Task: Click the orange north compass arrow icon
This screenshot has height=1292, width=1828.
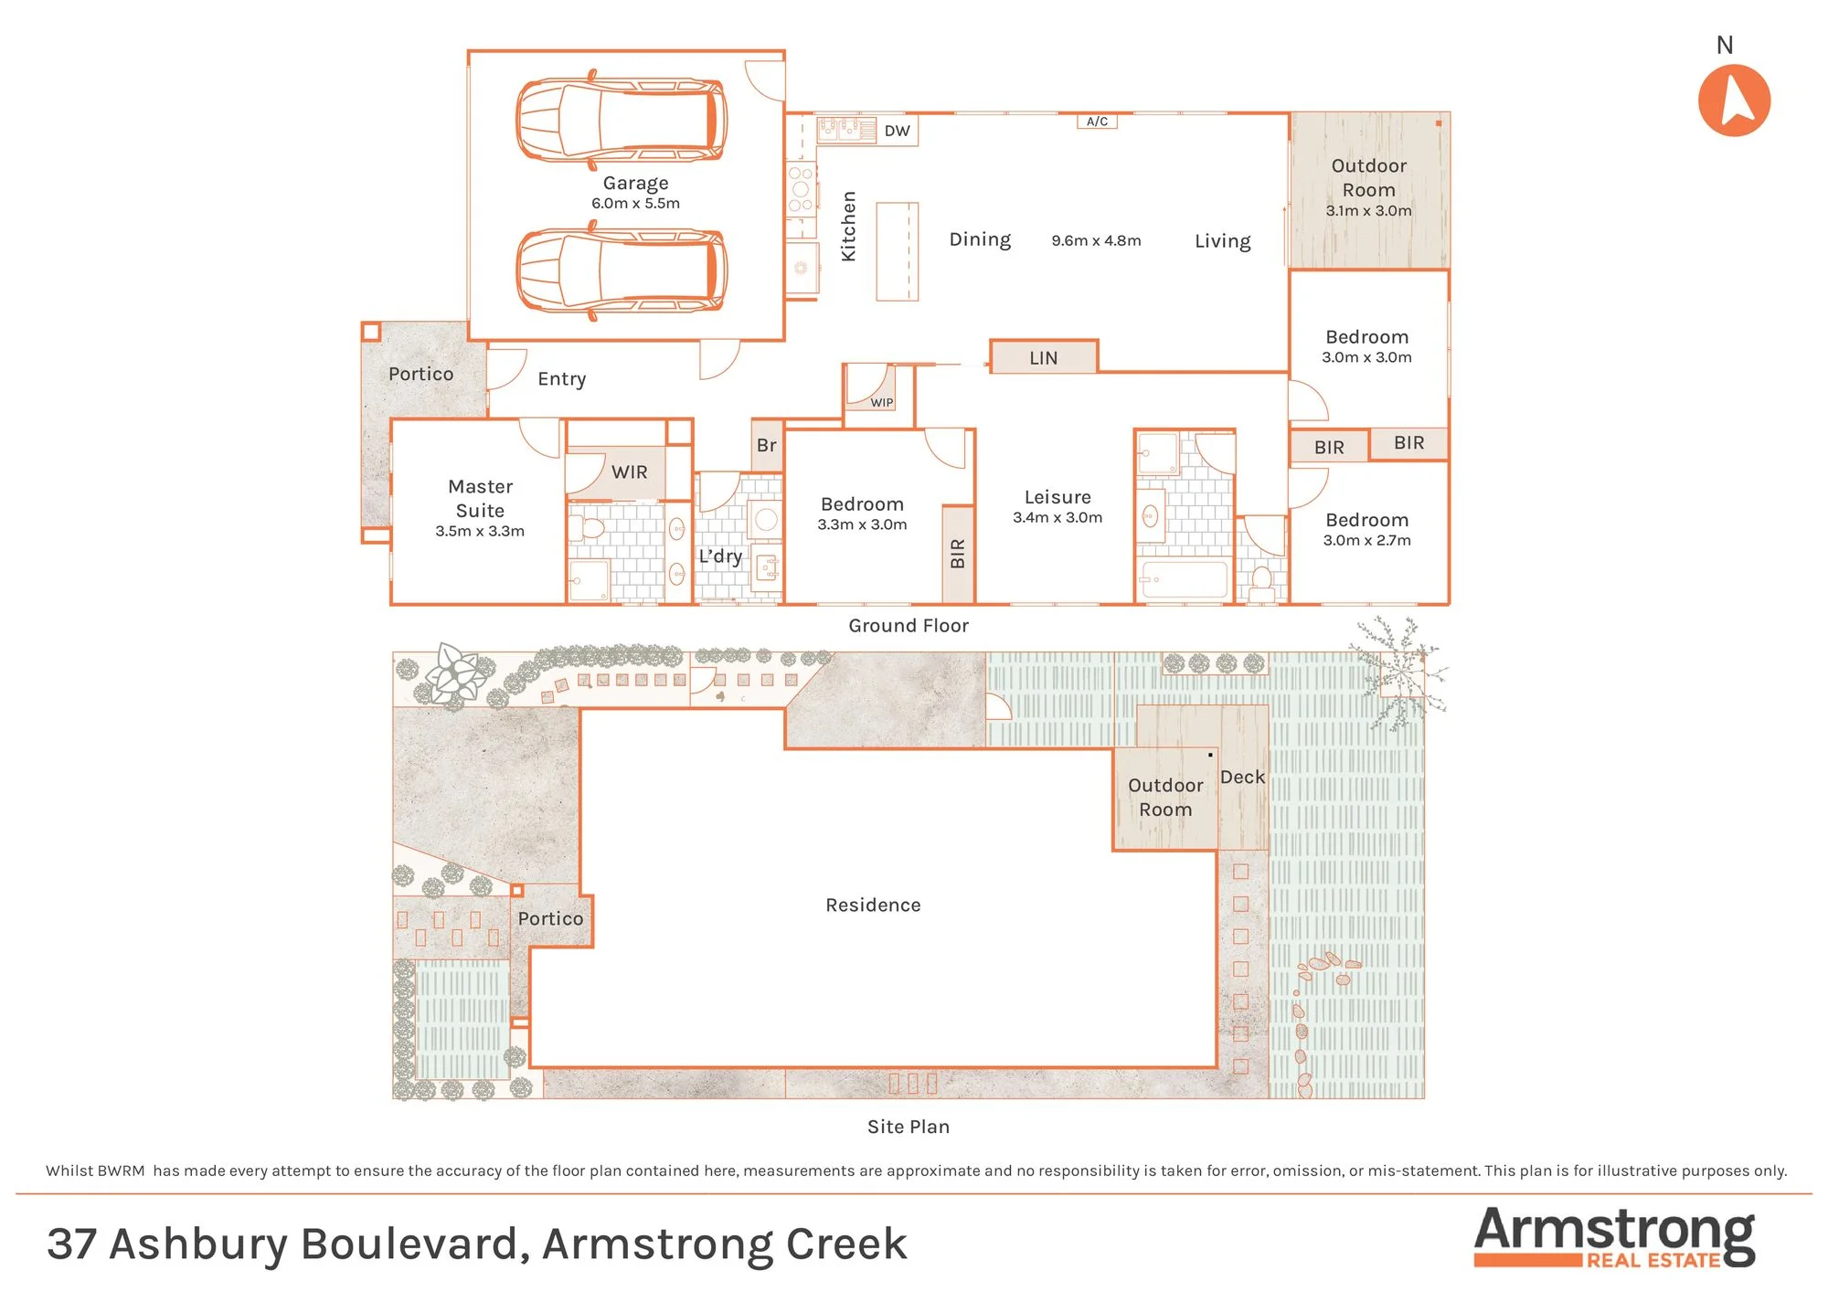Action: click(1734, 101)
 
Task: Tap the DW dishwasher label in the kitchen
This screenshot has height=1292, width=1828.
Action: click(897, 131)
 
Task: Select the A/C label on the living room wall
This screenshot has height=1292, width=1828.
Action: click(1097, 122)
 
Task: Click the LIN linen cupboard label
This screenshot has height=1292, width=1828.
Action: click(1043, 358)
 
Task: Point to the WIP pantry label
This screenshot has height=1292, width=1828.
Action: click(881, 402)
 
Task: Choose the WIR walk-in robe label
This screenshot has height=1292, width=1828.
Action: click(629, 472)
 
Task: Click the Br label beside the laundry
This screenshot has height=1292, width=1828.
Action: click(766, 445)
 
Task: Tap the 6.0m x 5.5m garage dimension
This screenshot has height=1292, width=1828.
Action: click(635, 203)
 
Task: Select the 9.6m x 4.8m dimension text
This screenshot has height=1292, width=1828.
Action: click(1096, 240)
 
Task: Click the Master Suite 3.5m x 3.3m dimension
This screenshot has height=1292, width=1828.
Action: click(480, 531)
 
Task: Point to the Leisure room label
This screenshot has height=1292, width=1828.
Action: click(1057, 497)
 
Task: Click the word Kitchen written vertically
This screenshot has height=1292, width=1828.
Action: click(848, 226)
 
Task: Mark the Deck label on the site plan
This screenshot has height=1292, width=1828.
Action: click(1242, 777)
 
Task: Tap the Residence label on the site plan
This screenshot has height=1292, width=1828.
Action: click(873, 905)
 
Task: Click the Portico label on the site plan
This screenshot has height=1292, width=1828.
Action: click(550, 918)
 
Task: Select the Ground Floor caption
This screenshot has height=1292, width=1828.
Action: click(909, 625)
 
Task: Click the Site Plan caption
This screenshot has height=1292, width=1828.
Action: click(909, 1127)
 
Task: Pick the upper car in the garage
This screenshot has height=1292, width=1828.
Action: click(622, 120)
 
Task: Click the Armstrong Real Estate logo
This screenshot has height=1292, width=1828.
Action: click(1614, 1237)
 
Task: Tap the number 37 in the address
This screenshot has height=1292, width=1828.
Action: click(71, 1244)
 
